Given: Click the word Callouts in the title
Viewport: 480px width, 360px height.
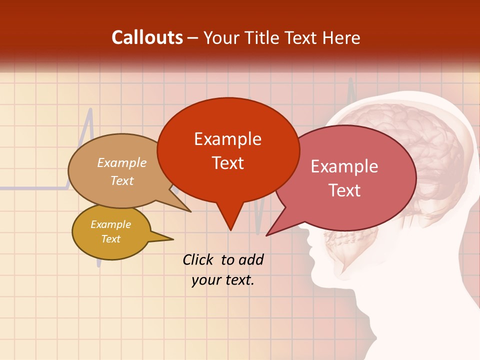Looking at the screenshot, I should (147, 37).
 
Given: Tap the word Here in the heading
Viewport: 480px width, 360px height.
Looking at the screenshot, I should (342, 37).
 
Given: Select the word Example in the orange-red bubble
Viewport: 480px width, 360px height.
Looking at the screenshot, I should (227, 139).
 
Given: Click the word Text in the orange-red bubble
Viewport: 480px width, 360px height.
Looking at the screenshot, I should (227, 163).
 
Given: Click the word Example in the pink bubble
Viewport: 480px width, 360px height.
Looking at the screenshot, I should (344, 166).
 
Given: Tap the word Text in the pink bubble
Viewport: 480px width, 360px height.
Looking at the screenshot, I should (344, 190).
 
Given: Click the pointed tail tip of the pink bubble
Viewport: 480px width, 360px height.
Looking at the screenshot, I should (267, 235).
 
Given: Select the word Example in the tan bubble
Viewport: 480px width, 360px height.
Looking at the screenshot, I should (122, 163).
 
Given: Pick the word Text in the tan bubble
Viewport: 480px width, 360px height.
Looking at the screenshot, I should (122, 181).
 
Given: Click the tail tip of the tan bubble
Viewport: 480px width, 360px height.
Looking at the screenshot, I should (190, 211).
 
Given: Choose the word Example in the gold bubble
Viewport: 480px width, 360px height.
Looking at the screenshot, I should (110, 225).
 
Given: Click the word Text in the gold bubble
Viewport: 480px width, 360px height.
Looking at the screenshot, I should (110, 239).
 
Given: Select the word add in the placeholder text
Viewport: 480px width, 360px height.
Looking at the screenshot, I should (251, 259).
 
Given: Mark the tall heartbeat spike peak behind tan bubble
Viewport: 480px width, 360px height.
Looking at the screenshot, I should (90, 109).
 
